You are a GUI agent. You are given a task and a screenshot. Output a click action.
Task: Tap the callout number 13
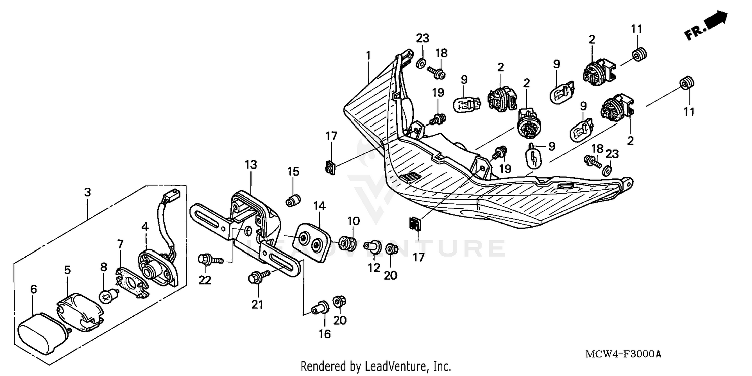pos(251,164)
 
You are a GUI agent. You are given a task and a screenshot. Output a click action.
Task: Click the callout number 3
pos(87,192)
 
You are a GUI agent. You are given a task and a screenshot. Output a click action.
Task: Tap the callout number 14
pos(319,205)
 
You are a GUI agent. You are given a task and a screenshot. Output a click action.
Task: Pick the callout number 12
pos(374,268)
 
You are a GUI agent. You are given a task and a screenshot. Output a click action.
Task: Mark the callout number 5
pos(67,270)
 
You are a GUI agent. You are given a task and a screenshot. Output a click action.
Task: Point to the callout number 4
pos(145,226)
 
